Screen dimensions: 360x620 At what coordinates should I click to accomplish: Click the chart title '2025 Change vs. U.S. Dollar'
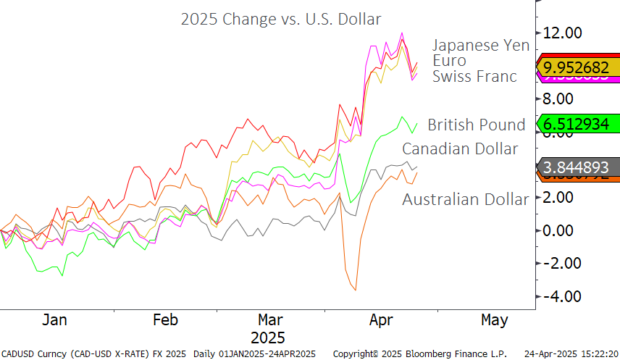(280, 19)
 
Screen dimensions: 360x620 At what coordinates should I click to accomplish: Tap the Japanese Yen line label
(481, 45)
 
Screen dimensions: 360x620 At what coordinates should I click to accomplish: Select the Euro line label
(449, 60)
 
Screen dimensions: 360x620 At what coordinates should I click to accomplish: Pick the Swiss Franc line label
(474, 76)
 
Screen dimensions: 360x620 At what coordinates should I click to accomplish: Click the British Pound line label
(476, 125)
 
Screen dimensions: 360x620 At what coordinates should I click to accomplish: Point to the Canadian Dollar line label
(460, 149)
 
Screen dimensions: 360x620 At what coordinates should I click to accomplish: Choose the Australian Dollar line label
(465, 199)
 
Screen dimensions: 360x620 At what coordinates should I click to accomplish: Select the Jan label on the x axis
(54, 320)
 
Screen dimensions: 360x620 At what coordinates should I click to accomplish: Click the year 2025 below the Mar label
(268, 338)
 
